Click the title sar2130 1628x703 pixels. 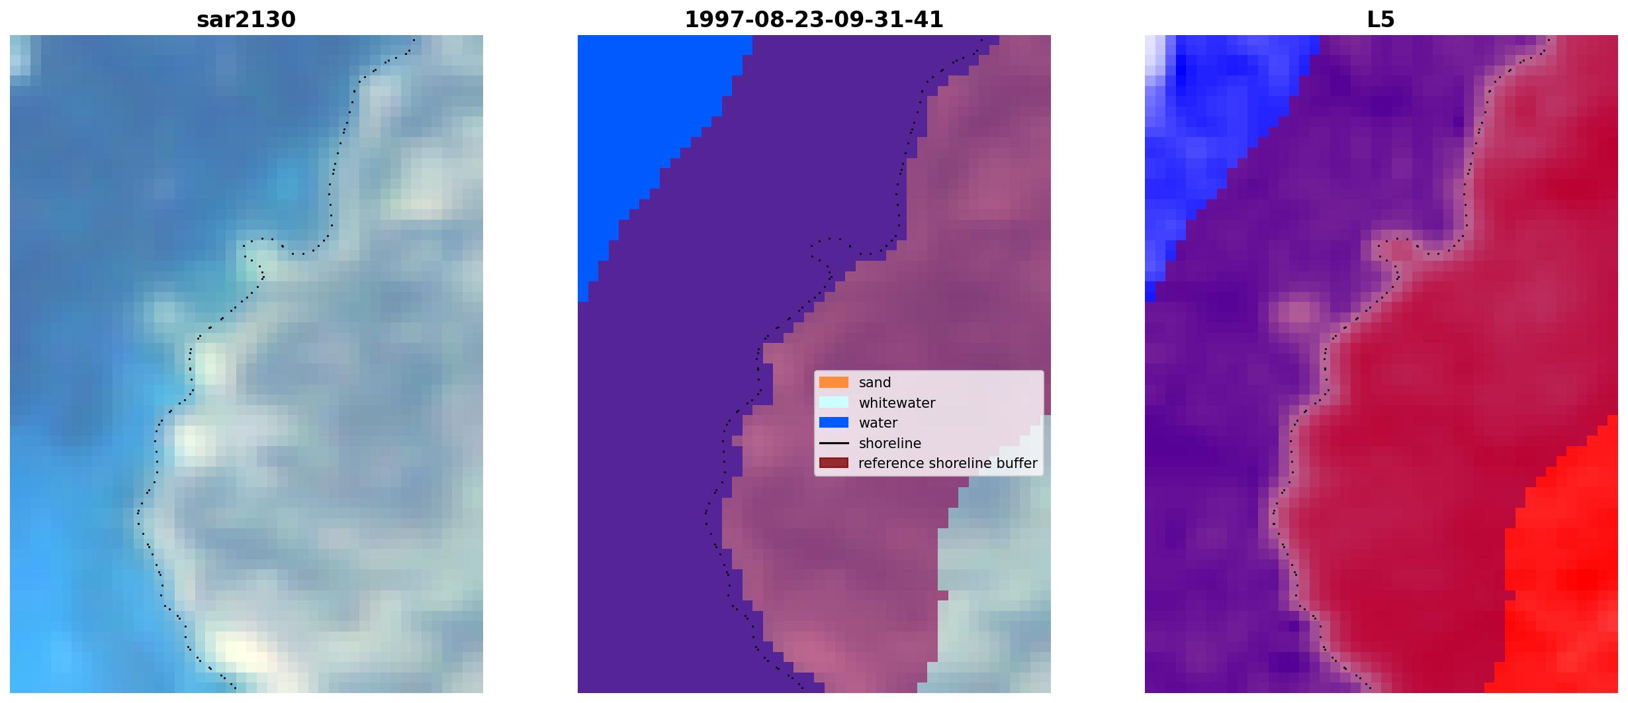pos(246,20)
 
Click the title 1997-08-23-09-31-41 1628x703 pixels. pos(814,20)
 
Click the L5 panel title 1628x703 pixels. pos(1381,20)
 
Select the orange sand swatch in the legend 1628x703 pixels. pos(834,383)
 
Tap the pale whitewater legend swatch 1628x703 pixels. pos(834,402)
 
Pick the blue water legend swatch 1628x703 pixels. pos(834,422)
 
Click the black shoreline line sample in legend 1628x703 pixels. pos(834,443)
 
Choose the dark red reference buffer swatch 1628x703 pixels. pos(834,463)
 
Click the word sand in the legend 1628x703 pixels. pos(875,383)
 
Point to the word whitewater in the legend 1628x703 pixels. pos(897,403)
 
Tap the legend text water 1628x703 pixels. pos(878,423)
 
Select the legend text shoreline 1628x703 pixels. pos(890,444)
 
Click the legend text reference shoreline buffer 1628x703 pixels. pos(948,463)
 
